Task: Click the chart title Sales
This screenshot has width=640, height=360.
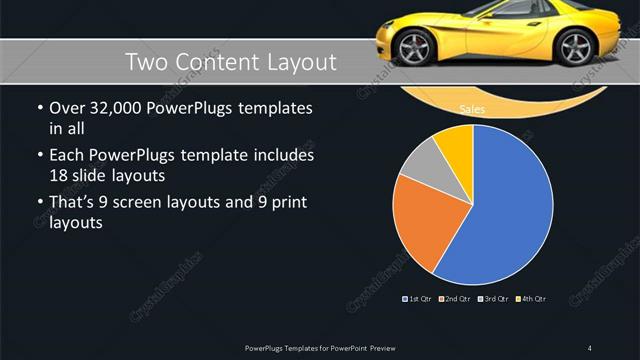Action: (x=472, y=109)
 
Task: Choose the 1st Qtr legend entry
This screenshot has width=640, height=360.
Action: (x=417, y=298)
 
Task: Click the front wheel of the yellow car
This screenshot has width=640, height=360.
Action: (x=412, y=46)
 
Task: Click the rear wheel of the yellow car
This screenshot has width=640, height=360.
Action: (x=574, y=46)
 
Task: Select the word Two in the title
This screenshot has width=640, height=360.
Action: (x=146, y=63)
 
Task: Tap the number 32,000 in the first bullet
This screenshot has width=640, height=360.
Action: (x=116, y=108)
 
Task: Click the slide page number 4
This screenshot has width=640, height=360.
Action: (x=590, y=348)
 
